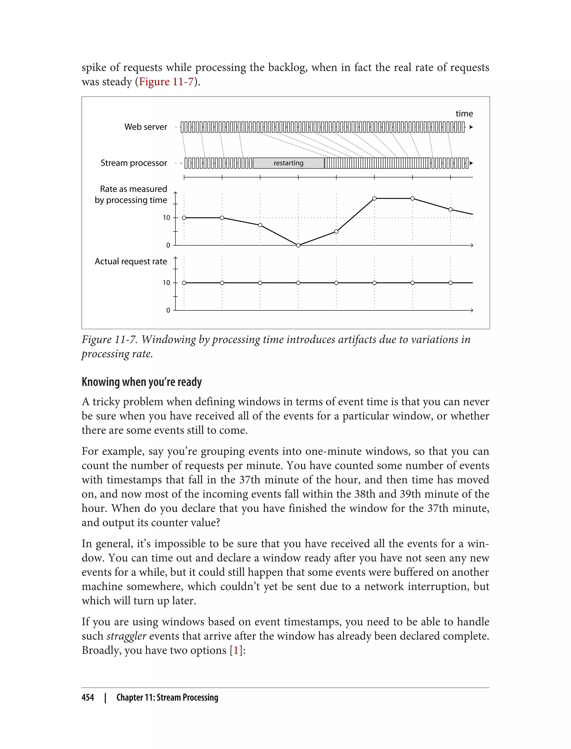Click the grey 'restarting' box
click(x=288, y=163)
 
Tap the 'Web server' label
click(x=146, y=127)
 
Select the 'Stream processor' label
click(x=134, y=163)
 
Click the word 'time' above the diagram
click(x=464, y=113)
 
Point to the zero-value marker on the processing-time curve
click(x=298, y=245)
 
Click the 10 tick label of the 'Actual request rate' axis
click(x=166, y=283)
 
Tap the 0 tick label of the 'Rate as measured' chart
click(x=168, y=245)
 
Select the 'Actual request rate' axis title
click(x=130, y=261)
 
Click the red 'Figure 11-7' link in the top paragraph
click(x=166, y=82)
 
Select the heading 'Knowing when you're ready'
click(x=141, y=382)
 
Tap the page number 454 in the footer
click(x=88, y=697)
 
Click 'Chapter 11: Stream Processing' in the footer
click(x=167, y=697)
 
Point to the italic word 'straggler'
click(x=126, y=636)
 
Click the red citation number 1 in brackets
click(x=236, y=650)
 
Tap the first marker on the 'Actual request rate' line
click(x=184, y=283)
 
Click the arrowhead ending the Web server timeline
click(x=471, y=127)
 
